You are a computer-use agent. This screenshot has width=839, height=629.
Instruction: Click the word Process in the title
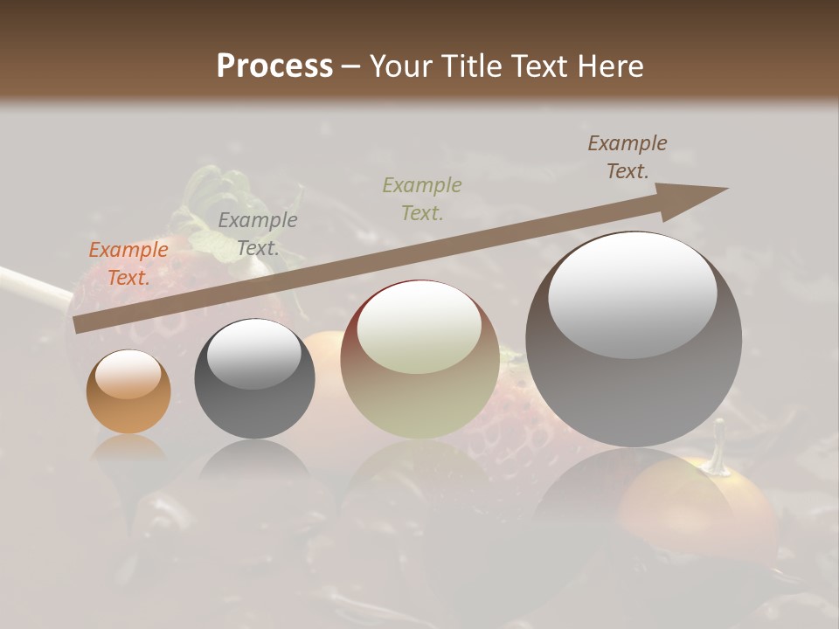coord(274,66)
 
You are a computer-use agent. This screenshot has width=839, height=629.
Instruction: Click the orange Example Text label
coord(128,264)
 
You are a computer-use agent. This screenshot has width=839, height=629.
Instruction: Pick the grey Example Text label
coord(258,234)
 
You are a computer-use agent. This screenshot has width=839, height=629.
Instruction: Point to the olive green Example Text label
coord(422,198)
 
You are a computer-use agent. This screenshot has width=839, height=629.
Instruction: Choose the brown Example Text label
coord(628,157)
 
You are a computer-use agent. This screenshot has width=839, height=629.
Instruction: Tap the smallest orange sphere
coord(128,391)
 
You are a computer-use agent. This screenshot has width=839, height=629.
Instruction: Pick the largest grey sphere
coord(634,341)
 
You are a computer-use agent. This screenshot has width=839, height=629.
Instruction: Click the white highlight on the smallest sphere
coord(128,373)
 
